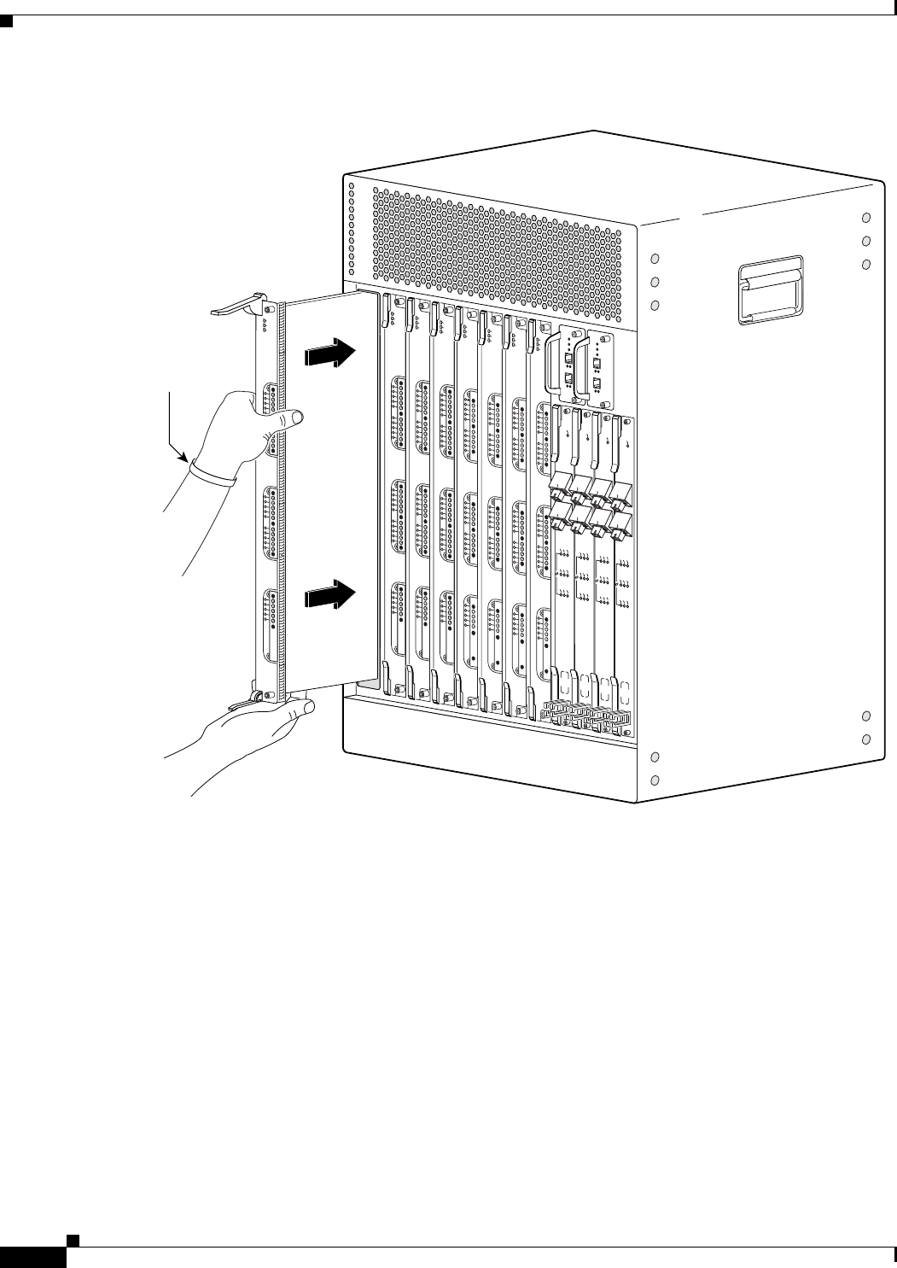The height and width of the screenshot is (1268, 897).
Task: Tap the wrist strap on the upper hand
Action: tap(213, 472)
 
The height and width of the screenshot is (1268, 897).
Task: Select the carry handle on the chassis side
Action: tap(770, 290)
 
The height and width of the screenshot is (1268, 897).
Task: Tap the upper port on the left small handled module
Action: tap(569, 359)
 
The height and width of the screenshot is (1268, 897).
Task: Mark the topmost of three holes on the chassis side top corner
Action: tap(866, 218)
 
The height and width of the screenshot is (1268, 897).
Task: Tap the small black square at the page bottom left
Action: tap(74, 1238)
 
